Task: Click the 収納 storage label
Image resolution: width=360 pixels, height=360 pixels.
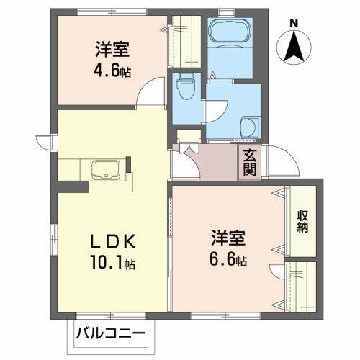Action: (x=302, y=223)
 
